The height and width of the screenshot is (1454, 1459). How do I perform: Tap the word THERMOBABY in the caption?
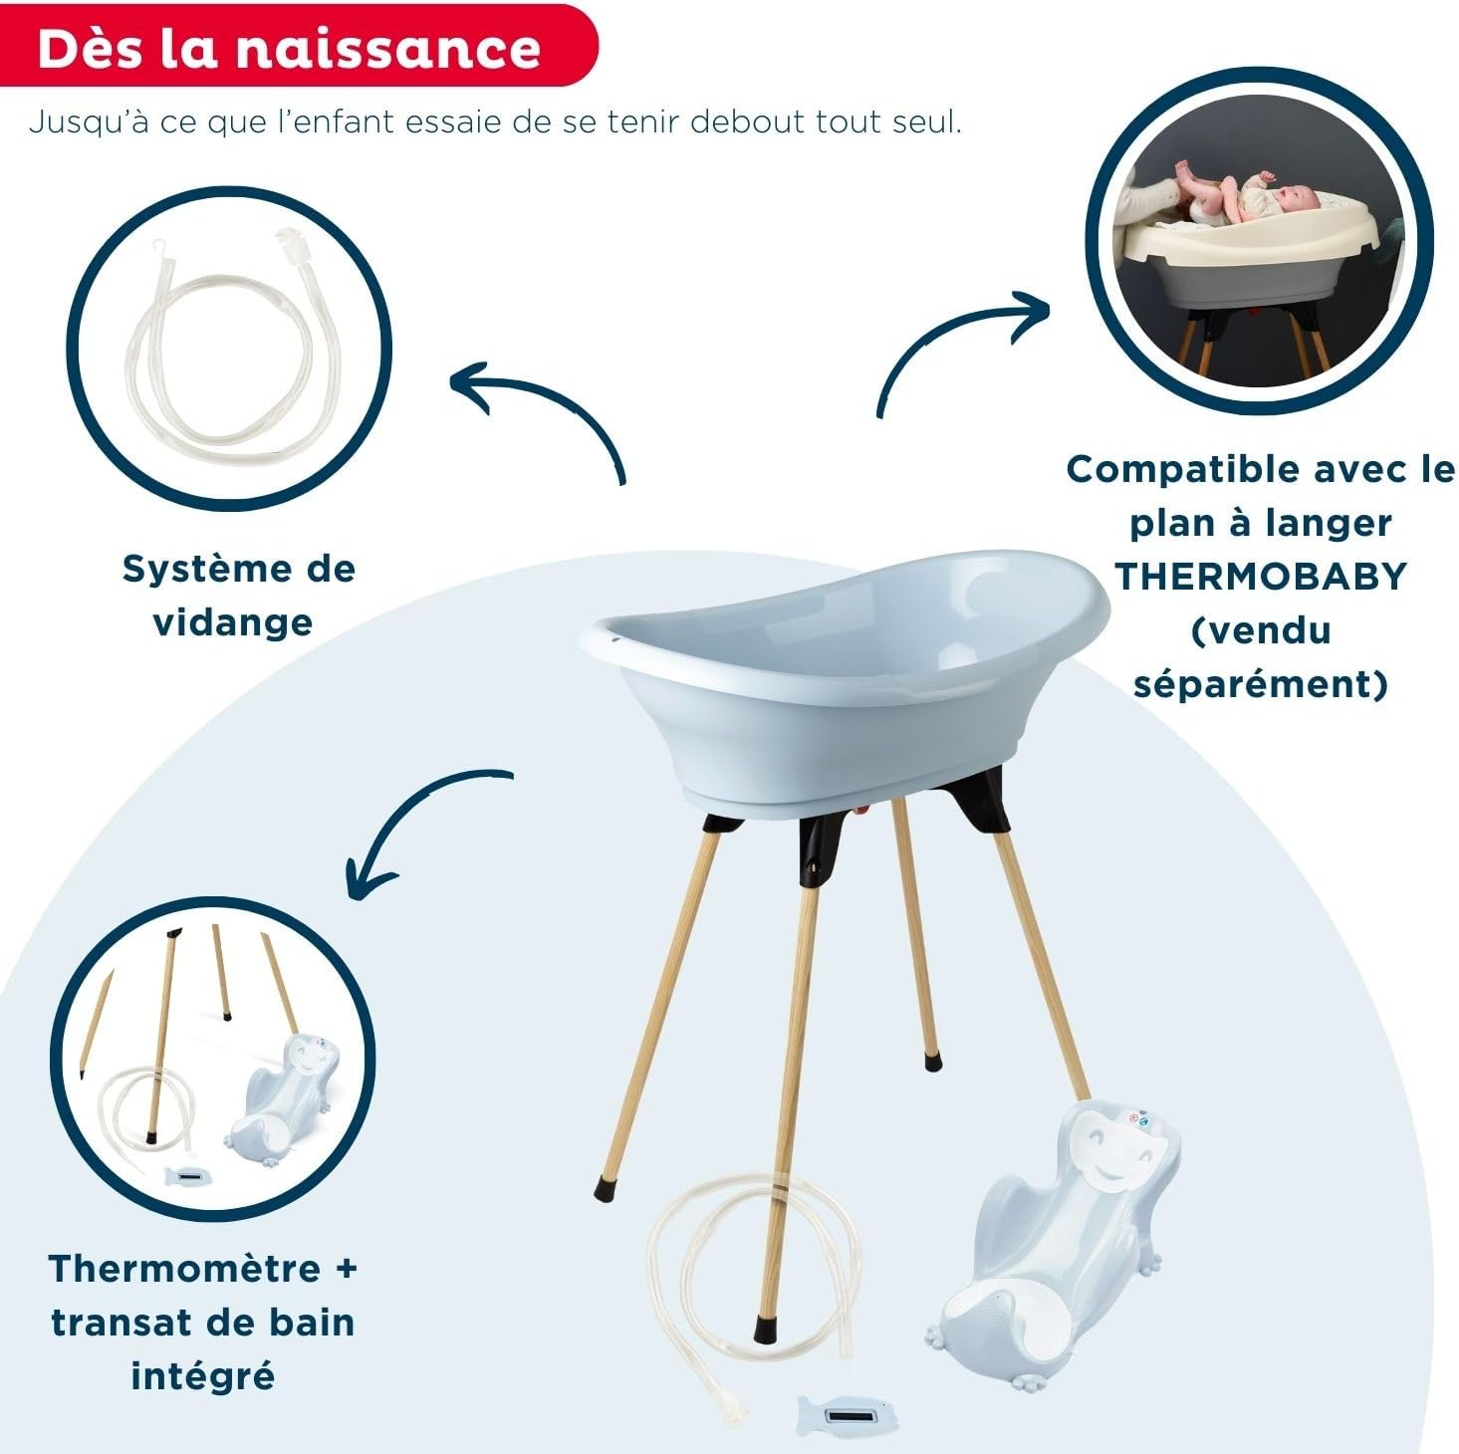pos(1260,577)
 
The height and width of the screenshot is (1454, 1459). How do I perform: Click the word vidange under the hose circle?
pos(233,624)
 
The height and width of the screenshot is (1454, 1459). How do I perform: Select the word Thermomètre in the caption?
pos(185,1269)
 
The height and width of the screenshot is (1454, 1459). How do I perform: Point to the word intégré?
pos(202,1376)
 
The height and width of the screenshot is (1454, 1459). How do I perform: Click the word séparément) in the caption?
pos(1260,684)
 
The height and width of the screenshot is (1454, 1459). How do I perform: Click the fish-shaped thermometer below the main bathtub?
pos(842,1414)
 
